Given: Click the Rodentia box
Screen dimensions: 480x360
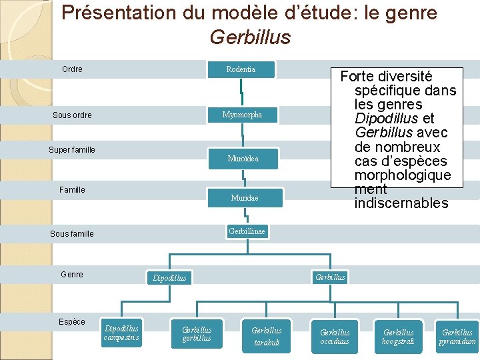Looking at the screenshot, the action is tap(241, 69).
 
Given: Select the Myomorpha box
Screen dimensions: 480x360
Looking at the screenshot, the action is tap(242, 115).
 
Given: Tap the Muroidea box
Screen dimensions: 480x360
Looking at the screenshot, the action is tap(243, 159).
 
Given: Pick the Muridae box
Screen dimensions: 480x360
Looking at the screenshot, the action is tap(244, 198).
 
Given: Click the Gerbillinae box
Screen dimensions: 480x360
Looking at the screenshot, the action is tap(247, 231).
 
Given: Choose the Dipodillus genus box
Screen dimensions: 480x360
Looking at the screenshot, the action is tap(169, 277).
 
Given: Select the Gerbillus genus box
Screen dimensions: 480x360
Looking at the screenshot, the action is tap(330, 277).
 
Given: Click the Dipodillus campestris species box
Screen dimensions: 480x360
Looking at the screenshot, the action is tap(121, 333).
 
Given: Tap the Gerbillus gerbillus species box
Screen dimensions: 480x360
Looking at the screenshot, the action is tap(197, 333).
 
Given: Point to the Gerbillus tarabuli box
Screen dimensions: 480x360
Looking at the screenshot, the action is tap(266, 336).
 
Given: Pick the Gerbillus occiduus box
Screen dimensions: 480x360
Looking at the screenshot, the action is tap(335, 337).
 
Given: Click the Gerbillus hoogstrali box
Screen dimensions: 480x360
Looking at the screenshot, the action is tap(398, 337).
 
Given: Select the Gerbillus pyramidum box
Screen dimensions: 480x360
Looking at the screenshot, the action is tap(457, 337).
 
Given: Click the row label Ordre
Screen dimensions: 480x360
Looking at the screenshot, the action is tap(72, 69).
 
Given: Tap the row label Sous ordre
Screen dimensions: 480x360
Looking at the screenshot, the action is tap(72, 115).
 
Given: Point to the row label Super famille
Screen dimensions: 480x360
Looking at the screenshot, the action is tap(72, 150).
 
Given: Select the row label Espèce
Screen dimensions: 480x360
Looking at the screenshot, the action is tap(72, 322).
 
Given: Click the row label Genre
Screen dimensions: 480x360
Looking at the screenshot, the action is tap(72, 275).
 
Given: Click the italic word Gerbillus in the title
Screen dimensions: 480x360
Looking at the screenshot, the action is tap(250, 37).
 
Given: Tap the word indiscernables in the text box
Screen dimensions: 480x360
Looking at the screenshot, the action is tap(401, 203).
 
